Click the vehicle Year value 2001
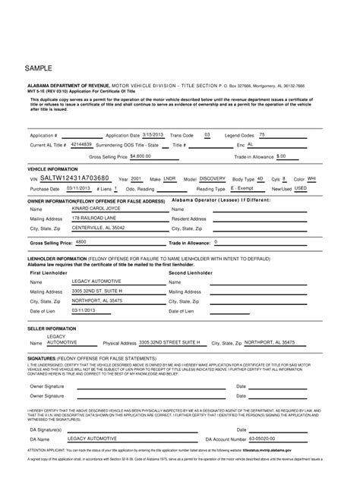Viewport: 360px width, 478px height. coord(137,178)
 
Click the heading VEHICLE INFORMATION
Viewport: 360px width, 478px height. coord(54,168)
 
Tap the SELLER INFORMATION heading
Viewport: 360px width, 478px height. coord(52,329)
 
